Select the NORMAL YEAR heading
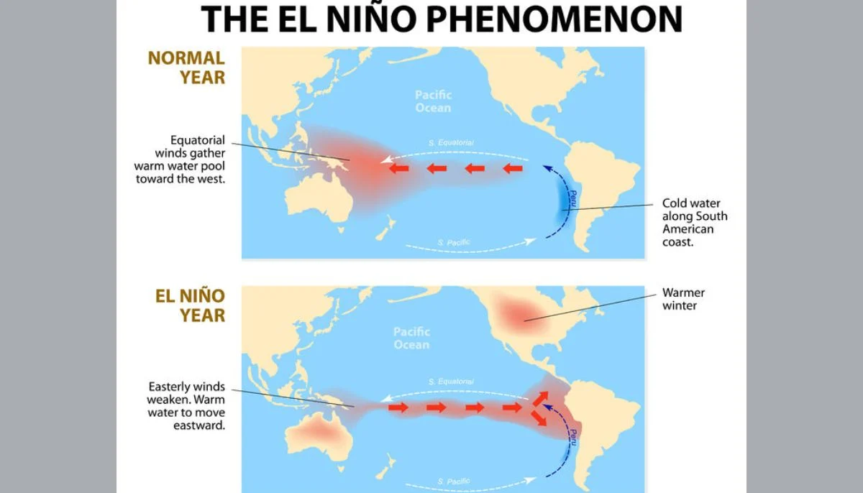[x=187, y=67]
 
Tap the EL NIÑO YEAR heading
[x=191, y=305]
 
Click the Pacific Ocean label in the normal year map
[x=433, y=101]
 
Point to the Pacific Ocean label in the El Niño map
[x=411, y=338]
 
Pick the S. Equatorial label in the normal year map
[x=451, y=143]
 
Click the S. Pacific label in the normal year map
[x=454, y=243]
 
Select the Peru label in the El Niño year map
[x=573, y=436]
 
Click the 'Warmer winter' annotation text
[x=683, y=299]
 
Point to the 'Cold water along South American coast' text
[x=695, y=222]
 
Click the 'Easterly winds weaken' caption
[x=187, y=405]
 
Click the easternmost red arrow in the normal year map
[x=512, y=169]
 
